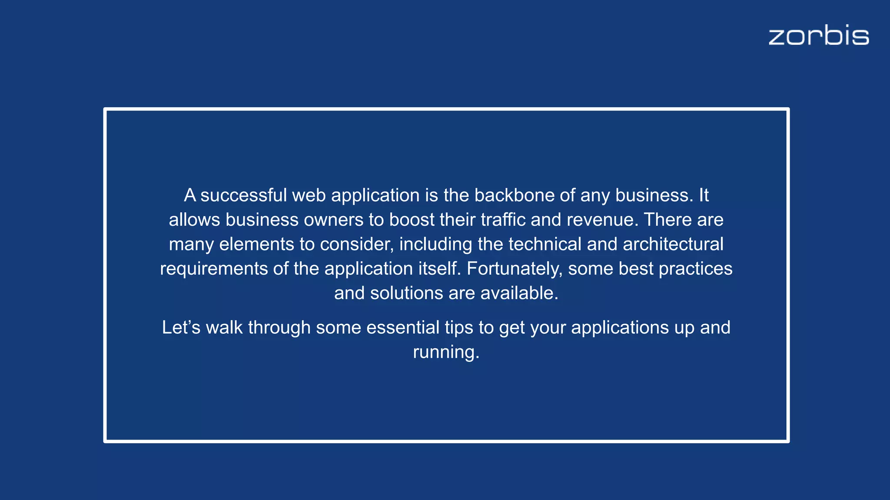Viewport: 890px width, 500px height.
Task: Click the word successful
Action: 243,196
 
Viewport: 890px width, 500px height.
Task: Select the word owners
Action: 333,220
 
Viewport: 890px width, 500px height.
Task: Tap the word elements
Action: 256,244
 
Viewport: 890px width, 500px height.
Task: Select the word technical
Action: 545,244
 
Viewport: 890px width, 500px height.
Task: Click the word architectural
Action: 673,244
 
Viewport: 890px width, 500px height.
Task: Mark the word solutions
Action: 406,293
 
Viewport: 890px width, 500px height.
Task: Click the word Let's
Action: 181,328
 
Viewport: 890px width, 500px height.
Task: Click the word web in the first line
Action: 309,196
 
